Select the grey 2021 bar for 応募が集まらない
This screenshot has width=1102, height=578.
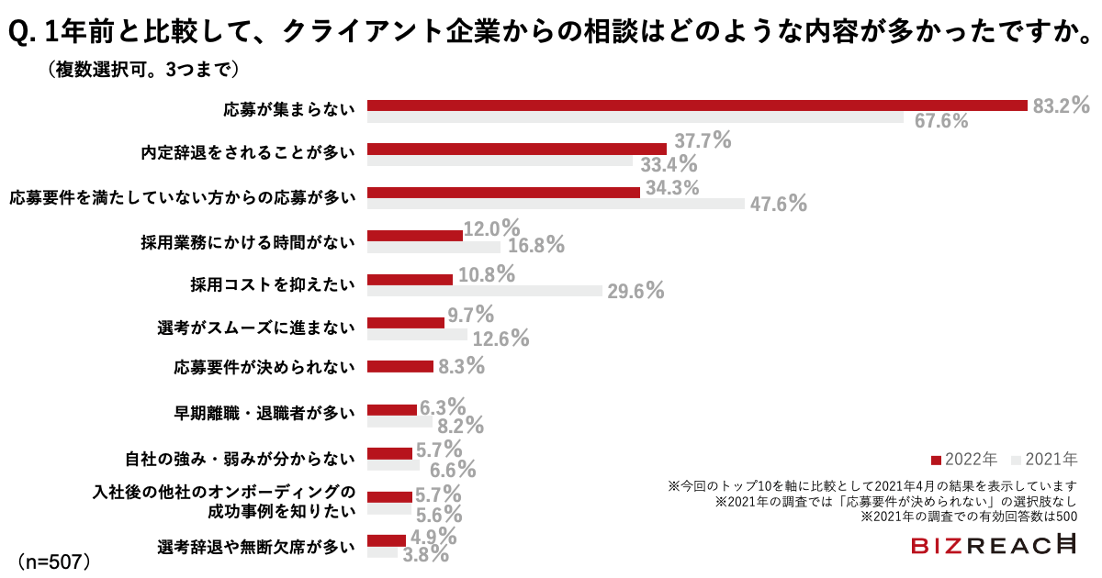[635, 118]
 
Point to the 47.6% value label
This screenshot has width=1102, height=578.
[778, 204]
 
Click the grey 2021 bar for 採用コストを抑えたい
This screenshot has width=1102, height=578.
[484, 291]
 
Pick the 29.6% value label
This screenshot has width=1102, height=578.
[635, 291]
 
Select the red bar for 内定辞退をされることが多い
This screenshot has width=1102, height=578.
[516, 149]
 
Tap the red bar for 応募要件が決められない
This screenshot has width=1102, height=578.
[399, 366]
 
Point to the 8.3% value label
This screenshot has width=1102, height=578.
[461, 366]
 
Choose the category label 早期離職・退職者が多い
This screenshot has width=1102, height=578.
[264, 412]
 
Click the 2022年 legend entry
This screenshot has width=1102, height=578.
[963, 458]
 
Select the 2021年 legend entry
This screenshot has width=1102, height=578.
[1043, 458]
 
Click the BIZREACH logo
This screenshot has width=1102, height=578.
[994, 545]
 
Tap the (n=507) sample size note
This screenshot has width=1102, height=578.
[52, 559]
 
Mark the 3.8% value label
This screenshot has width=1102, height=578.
[425, 554]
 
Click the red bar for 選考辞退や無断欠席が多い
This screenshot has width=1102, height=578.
[386, 540]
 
